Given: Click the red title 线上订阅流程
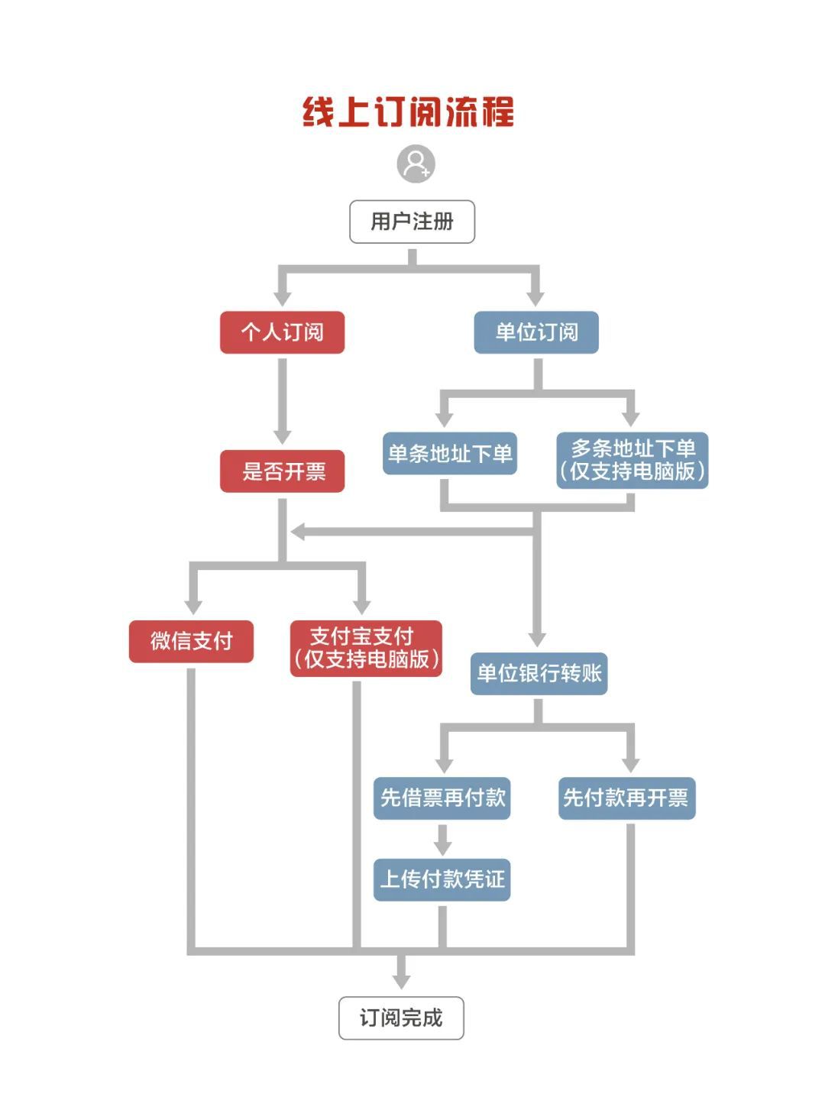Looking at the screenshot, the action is coord(408,112).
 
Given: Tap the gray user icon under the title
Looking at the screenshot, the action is coord(416,164).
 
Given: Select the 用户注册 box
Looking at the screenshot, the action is coord(412,222).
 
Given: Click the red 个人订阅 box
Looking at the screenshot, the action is coord(282,332).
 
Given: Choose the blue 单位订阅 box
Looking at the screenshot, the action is coord(536,332).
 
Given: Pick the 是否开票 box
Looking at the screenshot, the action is coord(282,471).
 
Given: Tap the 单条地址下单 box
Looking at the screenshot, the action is coord(449,454).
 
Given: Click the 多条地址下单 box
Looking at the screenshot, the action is coord(632,461).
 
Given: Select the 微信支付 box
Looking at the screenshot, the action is coord(191,642).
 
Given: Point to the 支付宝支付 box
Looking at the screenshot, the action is coord(366,649).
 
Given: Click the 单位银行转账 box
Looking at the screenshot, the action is coord(539,674).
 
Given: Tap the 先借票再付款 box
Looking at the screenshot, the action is coord(442,798).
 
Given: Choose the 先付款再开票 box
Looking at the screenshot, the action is coord(626,798).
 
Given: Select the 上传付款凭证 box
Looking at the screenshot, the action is coord(442,880).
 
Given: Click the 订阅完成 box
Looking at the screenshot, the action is coord(401,1018).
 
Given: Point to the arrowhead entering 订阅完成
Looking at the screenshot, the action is coord(401,981).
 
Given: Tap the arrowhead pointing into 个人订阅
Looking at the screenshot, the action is coord(283,298).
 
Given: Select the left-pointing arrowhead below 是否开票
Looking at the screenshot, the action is coord(298,532).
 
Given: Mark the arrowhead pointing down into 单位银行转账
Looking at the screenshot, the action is coord(537,639).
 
